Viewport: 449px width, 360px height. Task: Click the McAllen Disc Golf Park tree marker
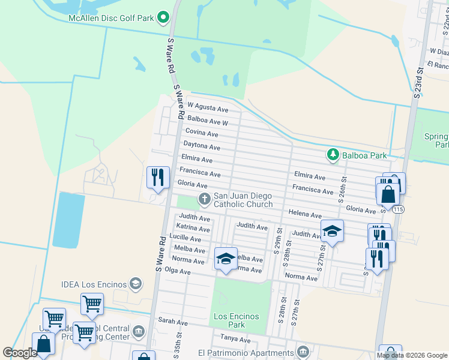pyautogui.click(x=162, y=18)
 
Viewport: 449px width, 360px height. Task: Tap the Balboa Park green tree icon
pyautogui.click(x=333, y=155)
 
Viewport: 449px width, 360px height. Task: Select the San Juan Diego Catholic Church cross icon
pyautogui.click(x=204, y=199)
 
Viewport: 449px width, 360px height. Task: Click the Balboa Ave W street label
pyautogui.click(x=208, y=122)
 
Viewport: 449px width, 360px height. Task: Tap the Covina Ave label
pyautogui.click(x=202, y=132)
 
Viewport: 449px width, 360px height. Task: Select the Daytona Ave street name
pyautogui.click(x=202, y=147)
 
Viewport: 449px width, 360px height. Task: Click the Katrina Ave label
pyautogui.click(x=193, y=229)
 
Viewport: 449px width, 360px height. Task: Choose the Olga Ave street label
pyautogui.click(x=177, y=272)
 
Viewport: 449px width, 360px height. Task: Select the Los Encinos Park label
pyautogui.click(x=237, y=320)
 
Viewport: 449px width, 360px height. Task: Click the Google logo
pyautogui.click(x=20, y=353)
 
